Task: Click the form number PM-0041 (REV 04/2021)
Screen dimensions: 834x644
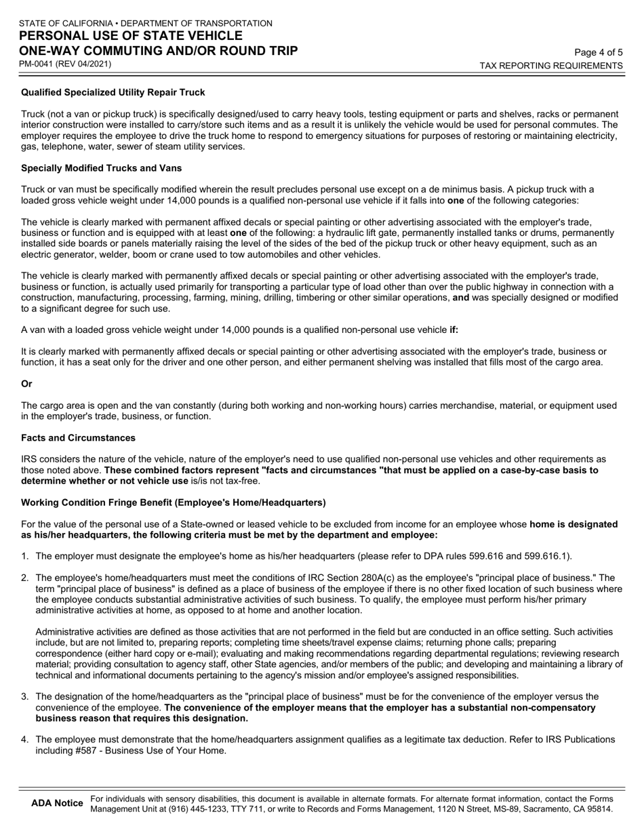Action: tap(65, 64)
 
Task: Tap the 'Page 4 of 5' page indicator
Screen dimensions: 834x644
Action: tap(598, 52)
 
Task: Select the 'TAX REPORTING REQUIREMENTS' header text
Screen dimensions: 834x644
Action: tap(551, 66)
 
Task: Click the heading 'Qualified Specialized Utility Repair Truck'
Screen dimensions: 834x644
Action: tap(113, 92)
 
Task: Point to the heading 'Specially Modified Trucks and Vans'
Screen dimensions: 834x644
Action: tap(101, 168)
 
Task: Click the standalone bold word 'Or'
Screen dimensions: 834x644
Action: tap(26, 384)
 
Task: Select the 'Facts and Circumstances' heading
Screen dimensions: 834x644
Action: tap(78, 437)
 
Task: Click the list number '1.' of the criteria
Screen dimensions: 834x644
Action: tap(25, 557)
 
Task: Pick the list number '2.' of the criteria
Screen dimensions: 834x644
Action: tap(25, 578)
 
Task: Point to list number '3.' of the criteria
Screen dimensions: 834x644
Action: tap(25, 696)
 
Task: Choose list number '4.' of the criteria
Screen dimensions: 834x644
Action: tap(25, 739)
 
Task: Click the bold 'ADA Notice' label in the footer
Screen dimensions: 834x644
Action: tap(57, 803)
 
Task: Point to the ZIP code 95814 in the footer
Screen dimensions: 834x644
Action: tap(599, 809)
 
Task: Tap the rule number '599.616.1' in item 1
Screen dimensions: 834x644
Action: tap(546, 557)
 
